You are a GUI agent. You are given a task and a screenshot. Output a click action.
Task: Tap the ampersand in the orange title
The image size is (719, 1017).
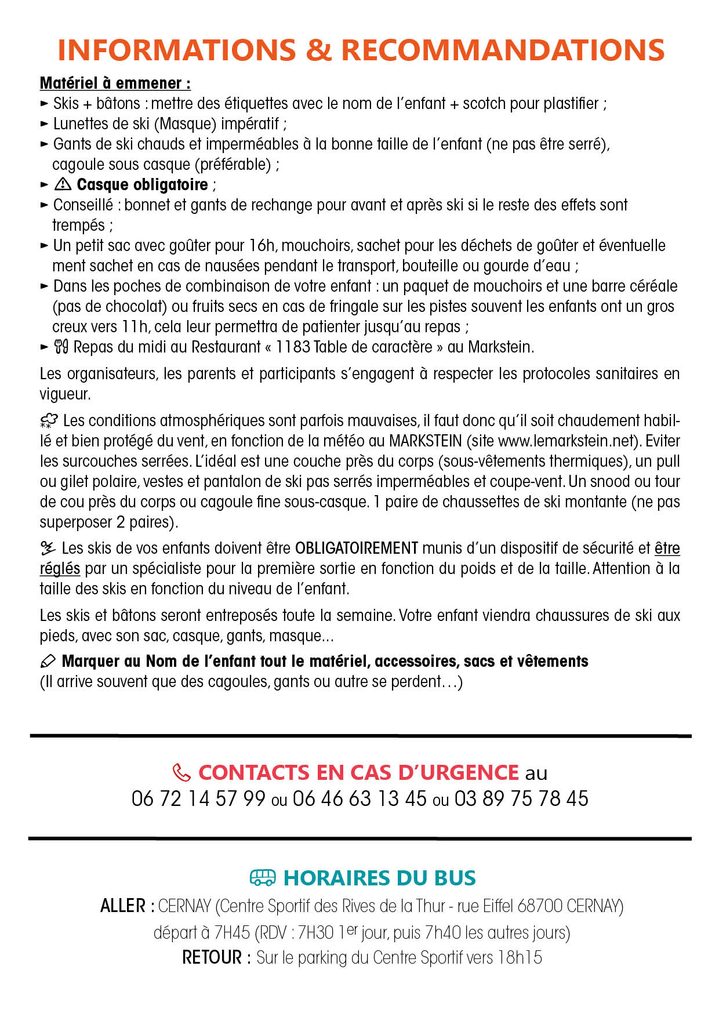tap(318, 50)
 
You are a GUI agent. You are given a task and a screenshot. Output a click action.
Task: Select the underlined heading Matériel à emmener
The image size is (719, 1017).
tap(115, 83)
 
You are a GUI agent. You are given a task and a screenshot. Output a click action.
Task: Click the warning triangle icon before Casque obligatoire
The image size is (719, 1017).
tap(63, 184)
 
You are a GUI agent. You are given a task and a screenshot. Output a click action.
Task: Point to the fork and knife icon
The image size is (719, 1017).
tap(61, 347)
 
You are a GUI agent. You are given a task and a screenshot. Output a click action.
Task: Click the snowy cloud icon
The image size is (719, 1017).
tap(49, 420)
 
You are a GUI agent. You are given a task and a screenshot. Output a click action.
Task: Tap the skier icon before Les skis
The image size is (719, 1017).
tap(48, 548)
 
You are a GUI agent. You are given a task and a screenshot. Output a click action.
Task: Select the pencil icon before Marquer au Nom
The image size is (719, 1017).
tap(48, 661)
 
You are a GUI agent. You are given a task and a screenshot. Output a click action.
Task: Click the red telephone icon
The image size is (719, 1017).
tap(181, 772)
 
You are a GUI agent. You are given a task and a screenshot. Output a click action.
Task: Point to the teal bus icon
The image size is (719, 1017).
tap(263, 878)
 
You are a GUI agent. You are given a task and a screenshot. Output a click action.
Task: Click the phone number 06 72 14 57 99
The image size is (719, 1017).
tap(198, 799)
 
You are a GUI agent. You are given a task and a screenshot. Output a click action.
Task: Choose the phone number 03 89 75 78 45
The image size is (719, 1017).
tap(521, 799)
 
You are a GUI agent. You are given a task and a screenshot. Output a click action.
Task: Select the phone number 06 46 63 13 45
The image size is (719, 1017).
tap(359, 799)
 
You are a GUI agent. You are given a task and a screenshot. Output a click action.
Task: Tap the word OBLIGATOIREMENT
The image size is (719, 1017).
tap(357, 548)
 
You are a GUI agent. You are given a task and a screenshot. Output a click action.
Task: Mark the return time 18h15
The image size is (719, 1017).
tap(520, 957)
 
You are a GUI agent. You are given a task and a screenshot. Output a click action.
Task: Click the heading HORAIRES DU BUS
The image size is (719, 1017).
tap(379, 878)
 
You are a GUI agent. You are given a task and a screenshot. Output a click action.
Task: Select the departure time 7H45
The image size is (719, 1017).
tap(232, 932)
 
